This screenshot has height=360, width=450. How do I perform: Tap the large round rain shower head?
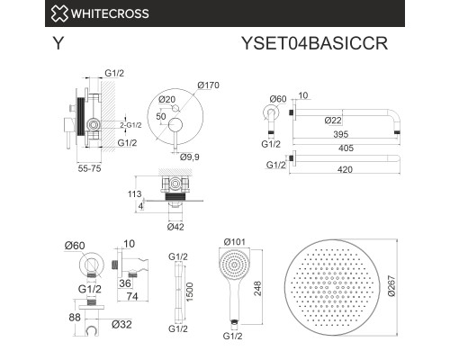coord(336,286)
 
